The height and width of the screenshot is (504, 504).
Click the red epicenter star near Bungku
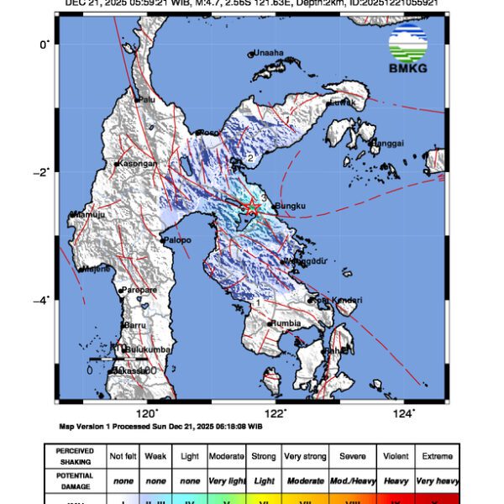coord(250,207)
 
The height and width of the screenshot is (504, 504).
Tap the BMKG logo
coord(407,50)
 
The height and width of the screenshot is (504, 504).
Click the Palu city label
coord(147,99)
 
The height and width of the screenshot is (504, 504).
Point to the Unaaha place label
coord(269,52)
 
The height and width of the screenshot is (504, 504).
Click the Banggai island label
coord(387,141)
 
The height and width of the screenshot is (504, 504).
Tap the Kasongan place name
coord(137,163)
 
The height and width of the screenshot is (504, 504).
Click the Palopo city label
coord(177,240)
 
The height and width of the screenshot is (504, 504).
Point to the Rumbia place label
coord(285,322)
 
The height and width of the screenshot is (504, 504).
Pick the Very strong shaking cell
coord(305,456)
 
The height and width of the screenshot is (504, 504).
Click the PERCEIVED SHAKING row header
coord(76,456)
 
